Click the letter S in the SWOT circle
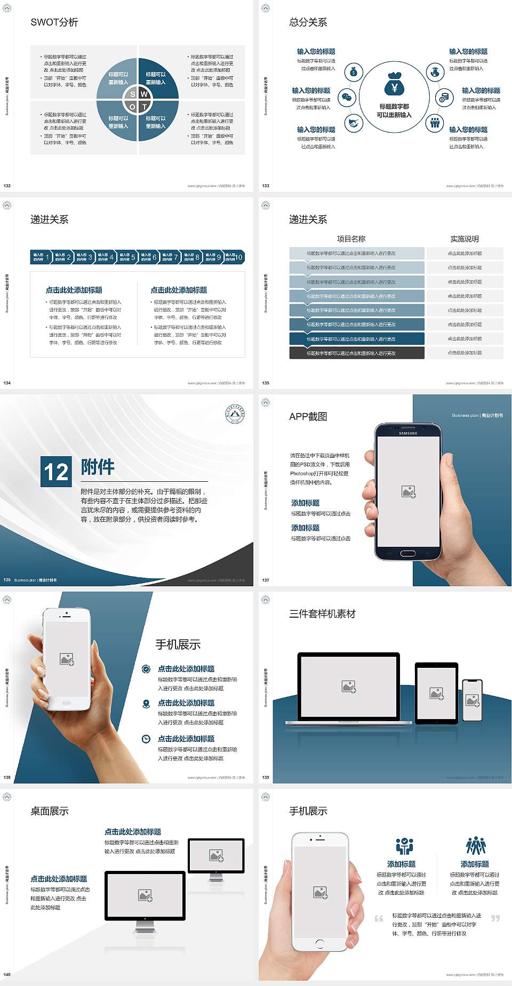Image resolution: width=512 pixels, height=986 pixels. click(x=133, y=94)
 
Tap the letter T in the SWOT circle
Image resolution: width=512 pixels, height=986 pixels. click(x=144, y=107)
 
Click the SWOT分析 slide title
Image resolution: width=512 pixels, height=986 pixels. click(x=54, y=22)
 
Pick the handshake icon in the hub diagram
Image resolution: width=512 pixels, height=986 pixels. click(x=353, y=123)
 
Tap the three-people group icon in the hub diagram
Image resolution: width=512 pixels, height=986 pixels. click(x=435, y=123)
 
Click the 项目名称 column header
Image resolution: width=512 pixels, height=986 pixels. click(x=351, y=239)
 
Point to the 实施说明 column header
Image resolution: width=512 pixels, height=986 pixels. click(x=465, y=239)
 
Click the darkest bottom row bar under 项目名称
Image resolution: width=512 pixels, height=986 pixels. click(x=357, y=353)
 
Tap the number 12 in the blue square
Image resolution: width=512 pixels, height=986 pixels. click(x=56, y=472)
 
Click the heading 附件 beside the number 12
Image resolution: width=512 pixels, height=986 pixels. click(x=98, y=467)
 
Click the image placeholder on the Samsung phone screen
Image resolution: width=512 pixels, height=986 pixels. click(x=409, y=491)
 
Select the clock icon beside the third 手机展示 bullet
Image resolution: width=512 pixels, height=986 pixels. click(x=146, y=739)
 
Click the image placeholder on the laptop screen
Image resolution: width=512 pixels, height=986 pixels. click(x=349, y=686)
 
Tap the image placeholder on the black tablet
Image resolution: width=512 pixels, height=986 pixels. click(x=437, y=693)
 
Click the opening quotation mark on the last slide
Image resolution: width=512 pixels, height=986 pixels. click(x=379, y=918)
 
